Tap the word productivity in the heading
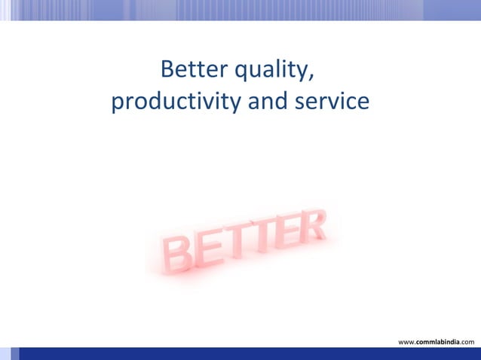177,101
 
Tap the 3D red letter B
177,254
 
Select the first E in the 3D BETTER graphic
207,247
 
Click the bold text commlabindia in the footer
438,342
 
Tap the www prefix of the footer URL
406,342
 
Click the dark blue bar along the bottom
249,354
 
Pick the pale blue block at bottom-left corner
5,354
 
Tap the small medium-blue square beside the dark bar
14,354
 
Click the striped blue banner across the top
240,9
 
